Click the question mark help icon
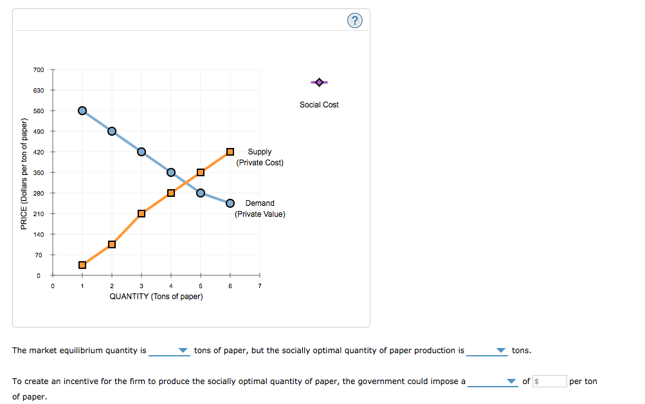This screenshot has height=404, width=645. click(354, 21)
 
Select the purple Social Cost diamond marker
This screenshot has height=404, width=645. click(319, 82)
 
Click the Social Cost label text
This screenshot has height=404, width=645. click(319, 105)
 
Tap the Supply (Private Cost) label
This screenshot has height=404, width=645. click(260, 157)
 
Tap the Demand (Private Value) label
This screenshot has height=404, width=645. click(260, 208)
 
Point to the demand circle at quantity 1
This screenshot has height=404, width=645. click(82, 111)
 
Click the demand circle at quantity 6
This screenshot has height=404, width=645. click(230, 203)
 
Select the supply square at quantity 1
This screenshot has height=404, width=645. click(82, 265)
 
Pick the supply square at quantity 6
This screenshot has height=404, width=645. click(230, 152)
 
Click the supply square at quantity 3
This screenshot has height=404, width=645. click(141, 214)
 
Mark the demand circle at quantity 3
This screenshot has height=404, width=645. click(141, 152)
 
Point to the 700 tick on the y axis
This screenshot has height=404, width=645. click(39, 69)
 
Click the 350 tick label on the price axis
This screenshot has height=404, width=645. click(39, 172)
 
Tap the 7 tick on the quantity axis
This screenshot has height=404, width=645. click(260, 286)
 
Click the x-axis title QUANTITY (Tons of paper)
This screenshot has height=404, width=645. click(156, 297)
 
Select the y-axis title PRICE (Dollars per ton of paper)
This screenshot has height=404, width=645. click(24, 174)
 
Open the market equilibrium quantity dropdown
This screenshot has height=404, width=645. click(169, 351)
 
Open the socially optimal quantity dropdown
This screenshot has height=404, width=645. click(487, 351)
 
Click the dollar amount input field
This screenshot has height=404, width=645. click(550, 381)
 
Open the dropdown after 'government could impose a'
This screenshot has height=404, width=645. click(492, 381)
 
